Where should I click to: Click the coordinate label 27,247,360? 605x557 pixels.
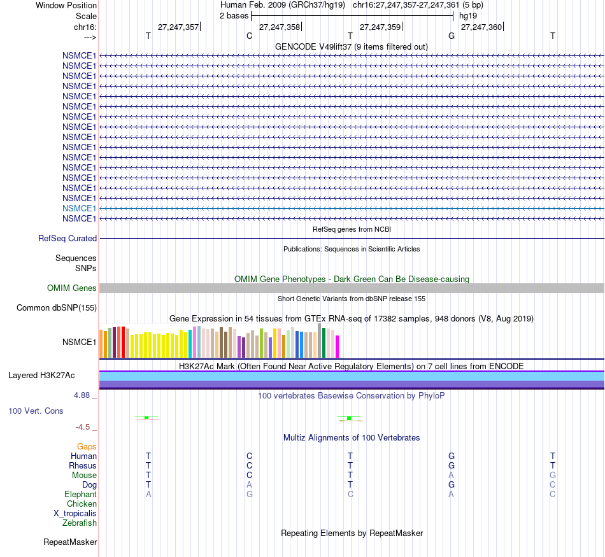pyautogui.click(x=481, y=27)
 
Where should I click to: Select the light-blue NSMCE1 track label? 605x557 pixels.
pyautogui.click(x=79, y=208)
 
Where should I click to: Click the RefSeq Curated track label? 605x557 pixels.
pyautogui.click(x=68, y=239)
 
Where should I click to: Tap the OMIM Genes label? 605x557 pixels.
pyautogui.click(x=72, y=288)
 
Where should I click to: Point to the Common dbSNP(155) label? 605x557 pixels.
pyautogui.click(x=56, y=308)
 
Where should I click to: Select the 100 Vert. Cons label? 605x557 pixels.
pyautogui.click(x=36, y=411)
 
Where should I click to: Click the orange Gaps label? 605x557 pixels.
pyautogui.click(x=87, y=447)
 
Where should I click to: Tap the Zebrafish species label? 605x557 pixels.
pyautogui.click(x=80, y=523)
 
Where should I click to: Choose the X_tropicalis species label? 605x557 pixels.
pyautogui.click(x=75, y=514)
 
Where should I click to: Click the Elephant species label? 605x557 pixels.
pyautogui.click(x=80, y=495)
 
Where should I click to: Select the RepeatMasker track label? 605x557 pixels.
pyautogui.click(x=70, y=542)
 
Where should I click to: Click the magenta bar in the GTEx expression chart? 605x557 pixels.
pyautogui.click(x=337, y=346)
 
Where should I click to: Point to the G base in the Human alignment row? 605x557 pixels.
pyautogui.click(x=452, y=456)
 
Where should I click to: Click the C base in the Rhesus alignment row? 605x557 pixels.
pyautogui.click(x=250, y=466)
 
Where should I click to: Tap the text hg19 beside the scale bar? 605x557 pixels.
pyautogui.click(x=467, y=15)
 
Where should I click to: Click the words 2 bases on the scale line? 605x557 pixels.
pyautogui.click(x=234, y=15)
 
